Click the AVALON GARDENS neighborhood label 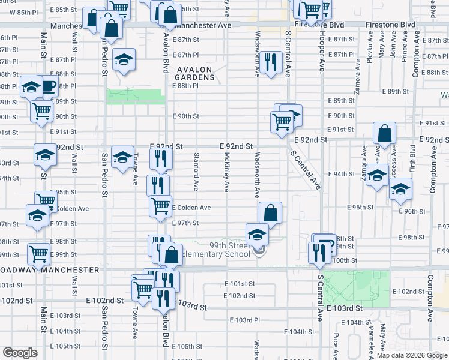pos(194,73)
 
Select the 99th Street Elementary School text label pos(230,250)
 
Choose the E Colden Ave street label pos(191,208)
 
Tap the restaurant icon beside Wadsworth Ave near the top pos(271,62)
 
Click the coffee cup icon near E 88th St pos(48,86)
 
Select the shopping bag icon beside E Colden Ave pos(270,212)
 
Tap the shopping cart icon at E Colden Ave pos(160,205)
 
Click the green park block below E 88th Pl pos(135,97)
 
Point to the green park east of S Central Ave pos(356,287)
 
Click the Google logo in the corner pos(20,353)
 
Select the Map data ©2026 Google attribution pos(411,355)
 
